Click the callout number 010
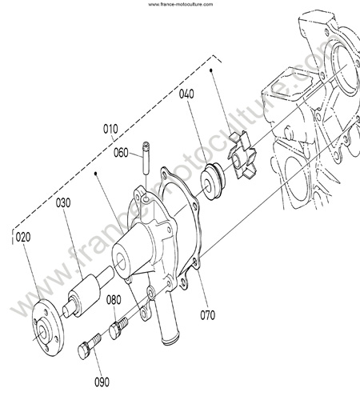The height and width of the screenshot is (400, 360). [110, 129]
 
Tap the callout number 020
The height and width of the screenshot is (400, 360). [23, 237]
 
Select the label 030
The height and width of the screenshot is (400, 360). [63, 203]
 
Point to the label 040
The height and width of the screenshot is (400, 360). [186, 94]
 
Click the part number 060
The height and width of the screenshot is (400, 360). [121, 153]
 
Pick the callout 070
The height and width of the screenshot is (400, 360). [207, 315]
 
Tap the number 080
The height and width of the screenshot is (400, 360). [114, 300]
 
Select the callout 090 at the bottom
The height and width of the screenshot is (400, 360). [102, 382]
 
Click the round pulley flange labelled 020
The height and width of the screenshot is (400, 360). [48, 328]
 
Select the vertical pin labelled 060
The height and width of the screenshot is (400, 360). [146, 158]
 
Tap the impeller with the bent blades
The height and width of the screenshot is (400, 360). [242, 155]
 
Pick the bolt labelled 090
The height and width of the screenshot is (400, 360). [90, 346]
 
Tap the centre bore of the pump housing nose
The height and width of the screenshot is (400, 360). [120, 262]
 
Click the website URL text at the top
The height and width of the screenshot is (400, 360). [181, 4]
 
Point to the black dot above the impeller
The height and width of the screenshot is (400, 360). [211, 70]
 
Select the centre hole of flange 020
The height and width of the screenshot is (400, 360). [42, 331]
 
